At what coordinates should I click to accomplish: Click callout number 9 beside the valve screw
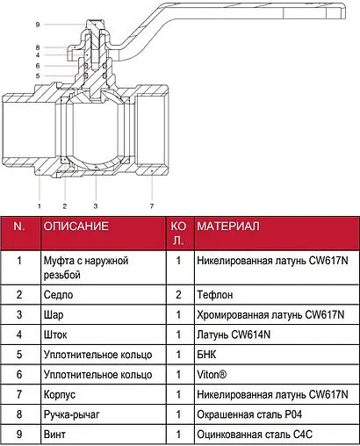coord(38,25)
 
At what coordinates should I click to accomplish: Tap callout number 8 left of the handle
coord(38,47)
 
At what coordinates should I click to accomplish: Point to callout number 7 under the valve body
coord(152,206)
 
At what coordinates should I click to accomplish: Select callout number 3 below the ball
coord(96,206)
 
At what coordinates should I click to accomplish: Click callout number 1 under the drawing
coord(40,206)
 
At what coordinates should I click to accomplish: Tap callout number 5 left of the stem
coord(38,76)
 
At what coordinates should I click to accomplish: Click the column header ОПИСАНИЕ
coord(76,227)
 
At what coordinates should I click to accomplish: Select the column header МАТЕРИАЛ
coord(228,227)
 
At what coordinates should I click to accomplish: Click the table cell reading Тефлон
coord(215,295)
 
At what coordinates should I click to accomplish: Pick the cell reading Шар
coord(54,315)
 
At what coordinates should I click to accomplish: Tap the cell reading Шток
coord(55,334)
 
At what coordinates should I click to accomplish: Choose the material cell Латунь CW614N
coord(234,334)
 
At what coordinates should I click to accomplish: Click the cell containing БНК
coord(206,355)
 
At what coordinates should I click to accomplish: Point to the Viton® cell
coord(212,374)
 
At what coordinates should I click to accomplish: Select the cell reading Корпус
coord(60,394)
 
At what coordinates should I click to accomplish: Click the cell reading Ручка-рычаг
coord(72,414)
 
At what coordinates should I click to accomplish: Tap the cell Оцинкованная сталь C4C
coord(255,435)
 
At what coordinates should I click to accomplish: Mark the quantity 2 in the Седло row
coord(178,295)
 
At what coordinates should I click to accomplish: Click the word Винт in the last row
coord(54,435)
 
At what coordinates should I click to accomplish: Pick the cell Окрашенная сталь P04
coord(249,414)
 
